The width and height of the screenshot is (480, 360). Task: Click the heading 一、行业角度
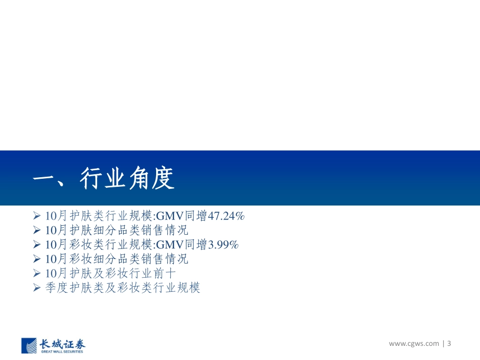click(103, 178)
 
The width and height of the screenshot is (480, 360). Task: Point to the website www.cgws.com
click(414, 344)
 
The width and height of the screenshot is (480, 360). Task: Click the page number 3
click(449, 344)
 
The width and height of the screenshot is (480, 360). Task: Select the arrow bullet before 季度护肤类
click(36, 288)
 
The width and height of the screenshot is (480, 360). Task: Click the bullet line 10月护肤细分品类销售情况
click(116, 231)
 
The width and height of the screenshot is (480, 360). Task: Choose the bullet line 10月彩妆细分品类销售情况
click(116, 260)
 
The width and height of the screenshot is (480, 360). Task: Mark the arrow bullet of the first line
click(36, 216)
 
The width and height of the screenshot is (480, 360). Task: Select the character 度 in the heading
click(162, 178)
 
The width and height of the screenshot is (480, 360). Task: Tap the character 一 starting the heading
click(44, 178)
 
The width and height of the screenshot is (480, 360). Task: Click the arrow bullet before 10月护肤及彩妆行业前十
click(36, 274)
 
